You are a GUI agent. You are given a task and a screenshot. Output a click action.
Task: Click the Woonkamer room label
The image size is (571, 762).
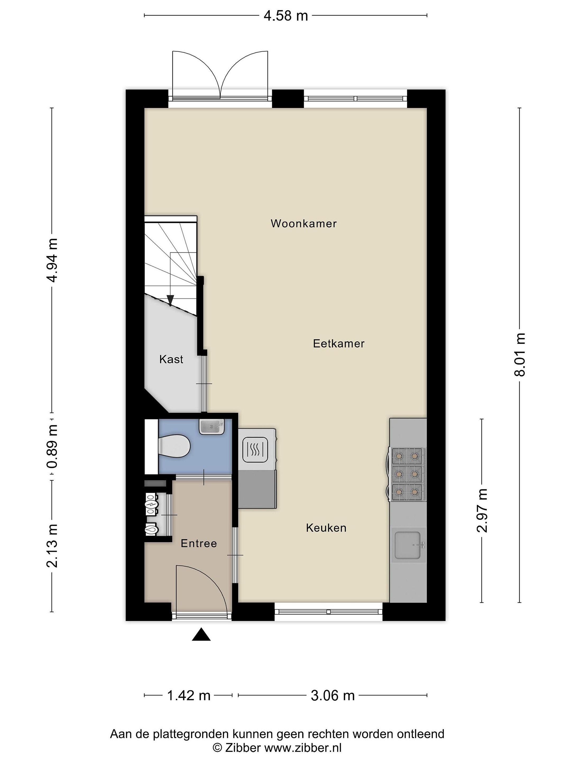click(x=303, y=224)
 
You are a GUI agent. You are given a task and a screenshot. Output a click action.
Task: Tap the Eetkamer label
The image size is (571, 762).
click(x=339, y=343)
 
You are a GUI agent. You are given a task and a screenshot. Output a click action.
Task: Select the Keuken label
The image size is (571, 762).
click(x=326, y=528)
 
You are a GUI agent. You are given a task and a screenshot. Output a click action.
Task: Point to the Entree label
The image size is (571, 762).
click(x=199, y=544)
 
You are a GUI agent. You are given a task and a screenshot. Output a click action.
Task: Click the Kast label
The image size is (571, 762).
click(x=171, y=360)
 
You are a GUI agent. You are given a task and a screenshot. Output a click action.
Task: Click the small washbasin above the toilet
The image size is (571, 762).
click(x=211, y=427)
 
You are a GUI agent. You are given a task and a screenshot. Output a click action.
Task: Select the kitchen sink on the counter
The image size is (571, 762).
click(x=408, y=545)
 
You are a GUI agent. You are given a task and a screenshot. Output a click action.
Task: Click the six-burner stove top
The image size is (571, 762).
click(x=407, y=474)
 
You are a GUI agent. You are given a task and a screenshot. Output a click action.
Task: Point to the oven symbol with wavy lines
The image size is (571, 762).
click(x=255, y=450)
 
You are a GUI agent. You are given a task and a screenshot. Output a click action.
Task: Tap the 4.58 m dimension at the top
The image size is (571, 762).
click(x=286, y=16)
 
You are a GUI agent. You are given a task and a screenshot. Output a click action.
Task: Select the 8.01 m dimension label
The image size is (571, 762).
click(x=520, y=355)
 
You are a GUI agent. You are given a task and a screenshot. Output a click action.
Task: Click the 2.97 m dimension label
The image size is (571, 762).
click(x=482, y=511)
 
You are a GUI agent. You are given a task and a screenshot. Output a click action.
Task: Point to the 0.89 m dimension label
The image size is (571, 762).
click(x=52, y=447)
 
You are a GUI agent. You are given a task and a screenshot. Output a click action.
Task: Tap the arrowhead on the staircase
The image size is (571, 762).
click(x=170, y=300)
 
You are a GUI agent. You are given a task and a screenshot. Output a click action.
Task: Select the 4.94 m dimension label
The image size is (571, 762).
click(x=52, y=260)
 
